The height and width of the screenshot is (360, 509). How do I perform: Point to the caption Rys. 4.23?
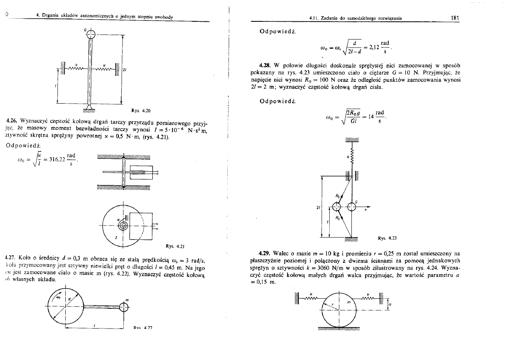[386, 238]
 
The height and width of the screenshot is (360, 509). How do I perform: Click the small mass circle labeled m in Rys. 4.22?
[125, 307]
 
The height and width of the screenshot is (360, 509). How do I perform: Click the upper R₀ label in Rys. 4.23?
[337, 196]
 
